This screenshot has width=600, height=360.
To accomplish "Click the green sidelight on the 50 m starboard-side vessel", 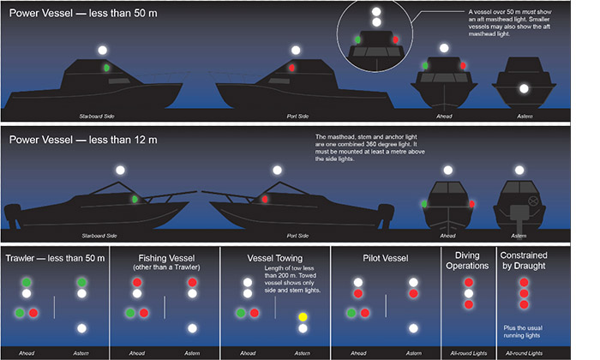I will tap(106, 67).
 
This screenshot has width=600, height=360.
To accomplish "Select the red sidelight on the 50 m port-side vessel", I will tap(291, 67).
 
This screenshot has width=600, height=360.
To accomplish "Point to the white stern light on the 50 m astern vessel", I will tap(524, 88).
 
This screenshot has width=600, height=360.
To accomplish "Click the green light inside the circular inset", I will tap(357, 39).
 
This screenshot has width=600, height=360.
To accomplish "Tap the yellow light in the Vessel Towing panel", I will tap(302, 318).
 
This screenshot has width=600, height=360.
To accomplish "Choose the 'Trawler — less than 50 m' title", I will tap(55, 258).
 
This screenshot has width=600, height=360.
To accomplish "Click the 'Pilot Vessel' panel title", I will tap(384, 258).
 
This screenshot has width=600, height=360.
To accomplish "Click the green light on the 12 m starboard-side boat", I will tap(135, 200).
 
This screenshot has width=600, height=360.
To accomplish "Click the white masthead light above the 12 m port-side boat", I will tap(276, 171).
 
